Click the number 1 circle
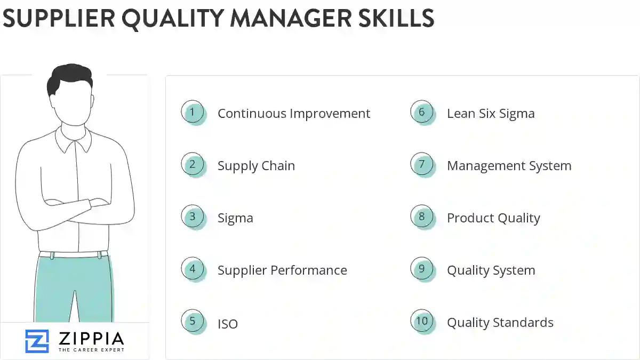pos(193,113)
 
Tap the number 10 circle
pos(422,322)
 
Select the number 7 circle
pos(422,165)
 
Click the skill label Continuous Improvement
pos(293,114)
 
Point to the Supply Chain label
pos(256,166)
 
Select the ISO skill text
pos(228,324)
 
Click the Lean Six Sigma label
pos(491,114)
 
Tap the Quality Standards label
pos(500,323)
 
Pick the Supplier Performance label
pos(282,270)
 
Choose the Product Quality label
pos(493,218)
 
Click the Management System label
pos(509,166)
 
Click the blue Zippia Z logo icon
pos(37,341)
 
